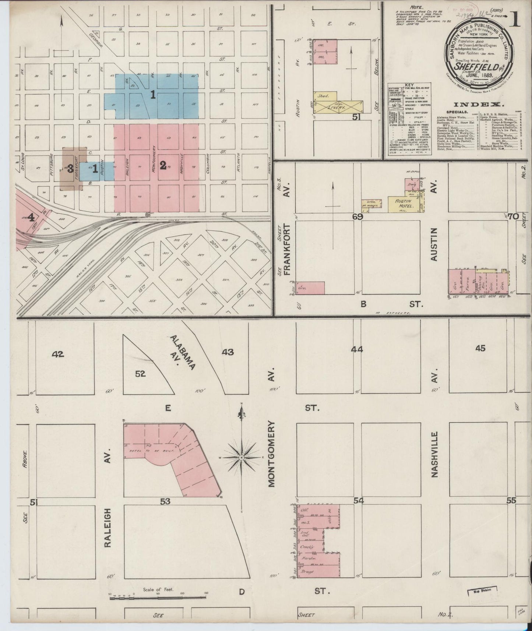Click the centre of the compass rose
[x=241, y=457]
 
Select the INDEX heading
[x=478, y=105]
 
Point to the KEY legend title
[x=409, y=85]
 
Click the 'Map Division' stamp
[x=480, y=592]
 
